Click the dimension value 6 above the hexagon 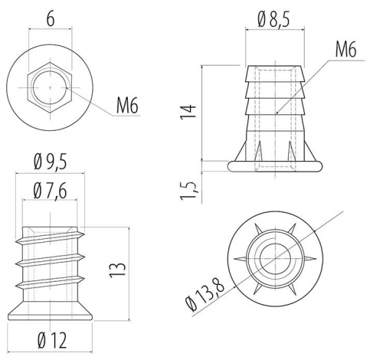pyautogui.click(x=51, y=19)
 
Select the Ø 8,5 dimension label pyautogui.click(x=273, y=20)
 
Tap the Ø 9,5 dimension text pyautogui.click(x=51, y=162)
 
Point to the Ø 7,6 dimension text pyautogui.click(x=51, y=191)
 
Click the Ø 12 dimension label pyautogui.click(x=52, y=340)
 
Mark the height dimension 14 pyautogui.click(x=188, y=111)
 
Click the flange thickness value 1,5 pyautogui.click(x=189, y=191)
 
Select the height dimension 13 pyautogui.click(x=118, y=269)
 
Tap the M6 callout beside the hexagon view pyautogui.click(x=127, y=105)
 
